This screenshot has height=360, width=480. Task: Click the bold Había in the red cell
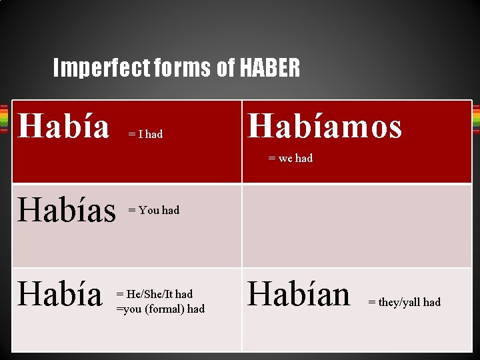(63, 126)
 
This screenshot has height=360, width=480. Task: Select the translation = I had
(145, 134)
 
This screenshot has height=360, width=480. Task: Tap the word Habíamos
(325, 126)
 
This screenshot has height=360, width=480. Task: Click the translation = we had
(290, 158)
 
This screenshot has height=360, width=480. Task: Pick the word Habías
(67, 210)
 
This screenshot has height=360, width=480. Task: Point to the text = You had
(153, 210)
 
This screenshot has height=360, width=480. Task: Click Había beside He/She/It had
(60, 294)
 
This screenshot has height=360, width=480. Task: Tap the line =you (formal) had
(160, 309)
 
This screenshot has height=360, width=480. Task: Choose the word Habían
(299, 294)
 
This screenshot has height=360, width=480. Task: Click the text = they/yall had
(404, 302)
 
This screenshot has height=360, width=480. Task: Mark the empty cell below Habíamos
(356, 226)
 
